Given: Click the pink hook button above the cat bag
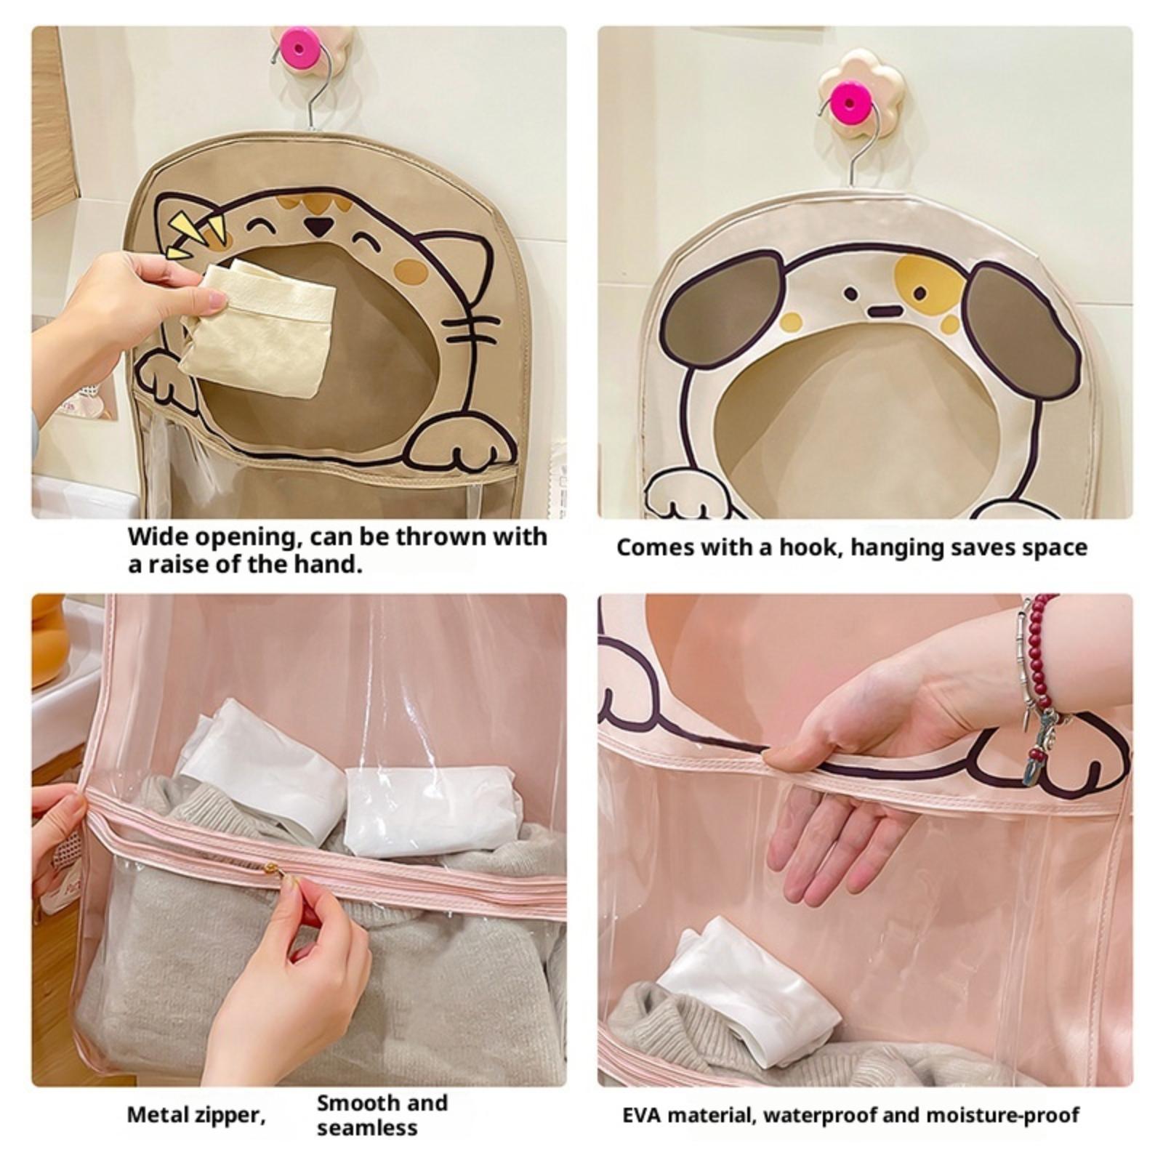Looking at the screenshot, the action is (x=301, y=46).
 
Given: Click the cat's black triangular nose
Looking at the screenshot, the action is (x=315, y=226).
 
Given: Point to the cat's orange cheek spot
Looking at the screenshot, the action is (x=411, y=270).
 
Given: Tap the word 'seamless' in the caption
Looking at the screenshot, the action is (x=367, y=1127).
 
